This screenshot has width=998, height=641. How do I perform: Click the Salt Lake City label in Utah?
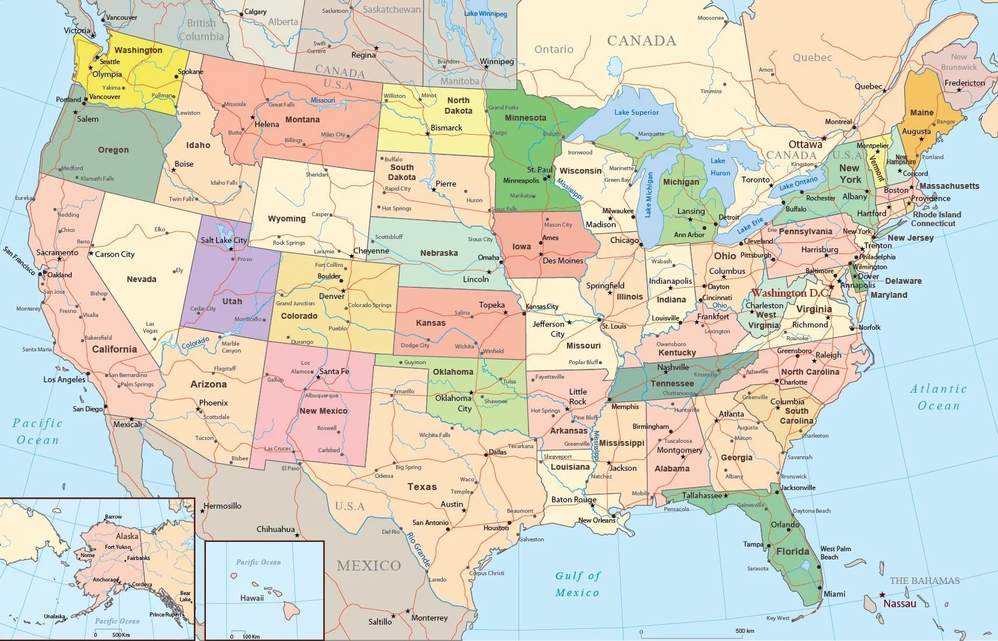coord(223,240)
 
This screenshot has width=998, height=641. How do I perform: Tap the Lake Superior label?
coord(636,112)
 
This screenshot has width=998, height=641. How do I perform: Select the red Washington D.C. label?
coord(790,293)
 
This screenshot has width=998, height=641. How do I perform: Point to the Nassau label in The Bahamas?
coord(899,604)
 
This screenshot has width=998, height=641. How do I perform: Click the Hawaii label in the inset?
coord(252,598)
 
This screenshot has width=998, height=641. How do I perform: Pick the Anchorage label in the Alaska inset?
coord(106,580)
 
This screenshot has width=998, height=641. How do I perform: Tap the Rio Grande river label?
coord(418,550)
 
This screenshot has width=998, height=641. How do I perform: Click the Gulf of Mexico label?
coord(577,584)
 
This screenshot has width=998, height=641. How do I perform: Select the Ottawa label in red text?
coord(805,145)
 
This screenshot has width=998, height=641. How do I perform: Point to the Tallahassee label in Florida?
coord(702,495)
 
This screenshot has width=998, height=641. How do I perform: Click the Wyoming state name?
coord(286,219)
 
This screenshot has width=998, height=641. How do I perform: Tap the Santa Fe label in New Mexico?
coord(334,371)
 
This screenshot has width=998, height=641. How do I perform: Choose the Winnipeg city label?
coord(497,62)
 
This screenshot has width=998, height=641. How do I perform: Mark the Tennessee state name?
coord(672,383)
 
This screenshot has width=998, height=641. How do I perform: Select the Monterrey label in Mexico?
coord(429,618)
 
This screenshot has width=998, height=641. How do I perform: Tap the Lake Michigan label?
coord(649,195)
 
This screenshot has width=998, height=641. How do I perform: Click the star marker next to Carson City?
coord(91,254)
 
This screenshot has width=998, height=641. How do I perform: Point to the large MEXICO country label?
coord(369,565)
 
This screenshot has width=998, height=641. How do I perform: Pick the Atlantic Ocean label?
coord(938,397)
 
